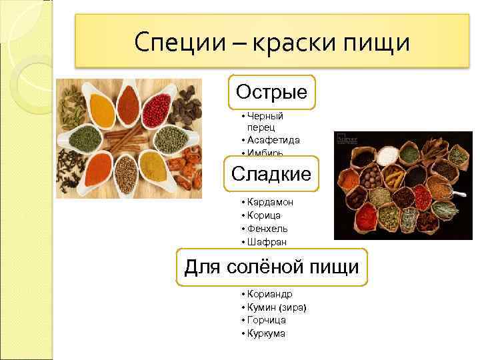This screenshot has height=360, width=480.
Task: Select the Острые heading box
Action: click(271, 92)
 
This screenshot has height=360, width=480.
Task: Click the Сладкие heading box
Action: click(271, 175)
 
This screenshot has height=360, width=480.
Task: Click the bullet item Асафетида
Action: click(273, 140)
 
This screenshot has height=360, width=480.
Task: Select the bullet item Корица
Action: click(264, 215)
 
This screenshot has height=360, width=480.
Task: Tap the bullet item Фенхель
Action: click(267, 229)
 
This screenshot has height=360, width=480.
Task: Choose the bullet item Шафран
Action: click(265, 242)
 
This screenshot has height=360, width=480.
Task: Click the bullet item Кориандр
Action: click(269, 293)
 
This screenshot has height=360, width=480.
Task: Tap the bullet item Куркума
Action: click(266, 333)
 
